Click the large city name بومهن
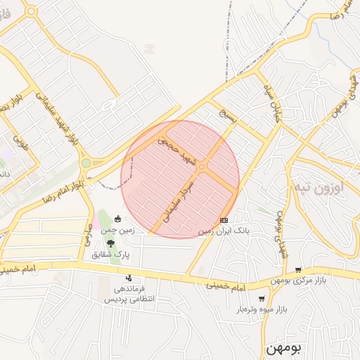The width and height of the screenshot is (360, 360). [x=285, y=348]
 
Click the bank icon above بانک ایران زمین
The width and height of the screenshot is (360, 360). [x=224, y=220]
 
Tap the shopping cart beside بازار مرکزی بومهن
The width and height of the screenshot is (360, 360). [x=298, y=269]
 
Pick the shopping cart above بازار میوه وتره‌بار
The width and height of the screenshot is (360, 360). [x=262, y=298]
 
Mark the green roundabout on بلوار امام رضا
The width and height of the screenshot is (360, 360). [x=86, y=163]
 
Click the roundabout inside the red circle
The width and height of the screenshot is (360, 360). [x=202, y=167]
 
